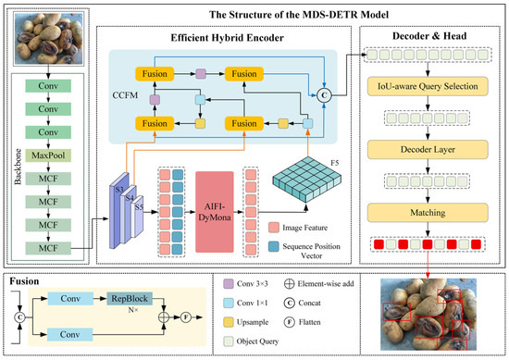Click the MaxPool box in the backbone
pyautogui.click(x=48, y=155)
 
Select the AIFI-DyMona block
pyautogui.click(x=215, y=212)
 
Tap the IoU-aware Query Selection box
pyautogui.click(x=428, y=86)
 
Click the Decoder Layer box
pyautogui.click(x=428, y=150)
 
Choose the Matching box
pyautogui.click(x=428, y=213)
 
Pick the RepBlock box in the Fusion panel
pyautogui.click(x=130, y=299)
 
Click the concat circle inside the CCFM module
pyautogui.click(x=324, y=95)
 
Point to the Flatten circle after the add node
pyautogui.click(x=186, y=317)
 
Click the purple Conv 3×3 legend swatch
pyautogui.click(x=229, y=284)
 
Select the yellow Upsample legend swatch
pyautogui.click(x=229, y=322)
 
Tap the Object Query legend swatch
pyautogui.click(x=229, y=341)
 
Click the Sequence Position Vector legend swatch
pyautogui.click(x=274, y=246)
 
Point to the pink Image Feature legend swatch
pyautogui.click(x=274, y=228)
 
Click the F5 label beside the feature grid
pyautogui.click(x=335, y=163)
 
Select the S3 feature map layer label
pyautogui.click(x=119, y=189)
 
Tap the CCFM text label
pyautogui.click(x=125, y=95)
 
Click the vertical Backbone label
pyautogui.click(x=18, y=167)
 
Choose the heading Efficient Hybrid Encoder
pyautogui.click(x=228, y=38)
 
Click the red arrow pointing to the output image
pyautogui.click(x=428, y=265)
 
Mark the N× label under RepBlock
pyautogui.click(x=133, y=310)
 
